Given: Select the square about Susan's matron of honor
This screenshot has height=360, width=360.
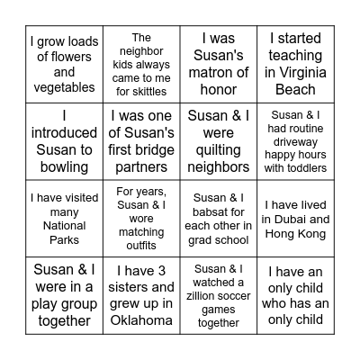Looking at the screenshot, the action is tap(219, 64).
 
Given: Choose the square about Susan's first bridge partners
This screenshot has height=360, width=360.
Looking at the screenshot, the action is tap(141, 140).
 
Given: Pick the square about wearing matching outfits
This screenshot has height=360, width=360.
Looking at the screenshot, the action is tap(141, 218).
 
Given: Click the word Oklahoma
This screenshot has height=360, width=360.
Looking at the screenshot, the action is tap(141, 320).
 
